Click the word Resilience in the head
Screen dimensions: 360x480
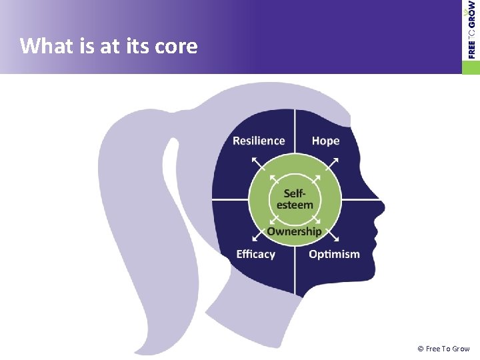(259, 141)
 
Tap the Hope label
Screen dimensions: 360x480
(325, 141)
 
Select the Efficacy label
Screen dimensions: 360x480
(256, 254)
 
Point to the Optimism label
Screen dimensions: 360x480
(334, 254)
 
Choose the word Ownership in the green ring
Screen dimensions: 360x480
(294, 231)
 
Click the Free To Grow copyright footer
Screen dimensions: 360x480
(443, 349)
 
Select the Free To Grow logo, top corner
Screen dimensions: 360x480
(471, 30)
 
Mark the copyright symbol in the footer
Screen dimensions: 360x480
(421, 349)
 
